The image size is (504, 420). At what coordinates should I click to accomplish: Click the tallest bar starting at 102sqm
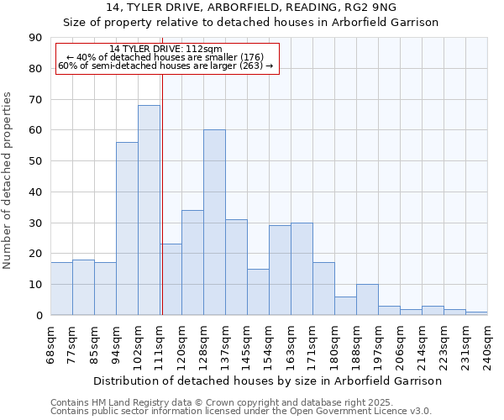coord(149,210)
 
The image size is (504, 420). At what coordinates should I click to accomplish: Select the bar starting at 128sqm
coord(214,223)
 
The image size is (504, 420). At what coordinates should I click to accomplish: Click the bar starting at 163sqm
coord(302,269)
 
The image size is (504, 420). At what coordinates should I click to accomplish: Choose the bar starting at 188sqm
coord(367,300)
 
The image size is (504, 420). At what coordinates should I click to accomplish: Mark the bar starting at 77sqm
coord(83,287)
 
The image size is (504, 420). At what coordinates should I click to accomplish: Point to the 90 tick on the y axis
coord(35,38)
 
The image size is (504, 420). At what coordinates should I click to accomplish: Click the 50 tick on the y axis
coord(35,161)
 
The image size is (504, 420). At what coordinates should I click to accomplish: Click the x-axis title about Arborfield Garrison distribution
coord(267,381)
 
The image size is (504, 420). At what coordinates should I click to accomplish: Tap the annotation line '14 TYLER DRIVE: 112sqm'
coord(165,50)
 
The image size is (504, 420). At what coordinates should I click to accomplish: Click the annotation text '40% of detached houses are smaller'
coord(165,57)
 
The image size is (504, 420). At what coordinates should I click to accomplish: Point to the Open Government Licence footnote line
coord(241,411)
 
